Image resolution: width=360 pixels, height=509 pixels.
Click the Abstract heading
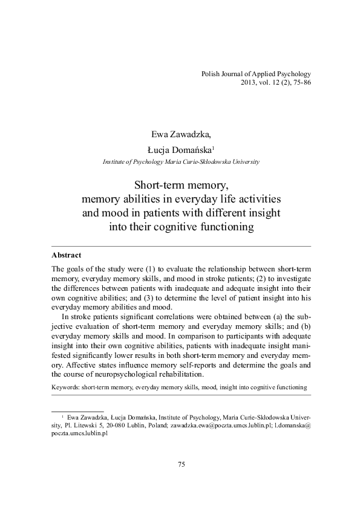(x=67, y=255)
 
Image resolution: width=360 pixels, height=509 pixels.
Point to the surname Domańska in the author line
(x=188, y=149)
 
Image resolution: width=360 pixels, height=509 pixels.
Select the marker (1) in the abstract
(x=151, y=268)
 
